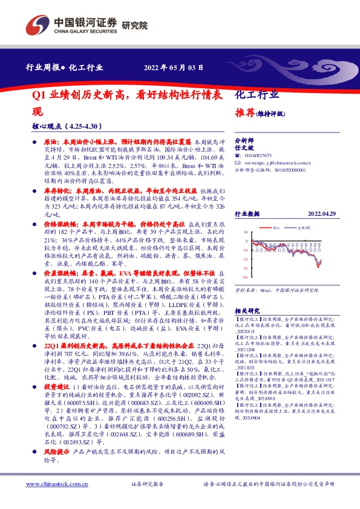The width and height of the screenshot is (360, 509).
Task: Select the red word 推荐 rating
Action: point(242,112)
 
